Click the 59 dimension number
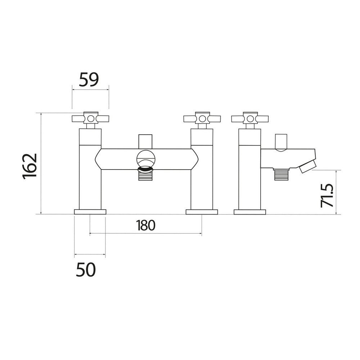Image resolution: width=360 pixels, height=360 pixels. pyautogui.click(x=89, y=80)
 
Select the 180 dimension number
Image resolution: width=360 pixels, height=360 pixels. pyautogui.click(x=146, y=225)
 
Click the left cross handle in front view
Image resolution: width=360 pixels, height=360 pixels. pyautogui.click(x=90, y=118)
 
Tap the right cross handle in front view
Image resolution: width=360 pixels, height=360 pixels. pyautogui.click(x=202, y=118)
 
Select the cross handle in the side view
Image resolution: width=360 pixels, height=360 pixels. pyautogui.click(x=249, y=118)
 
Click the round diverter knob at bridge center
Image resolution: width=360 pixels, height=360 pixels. pyautogui.click(x=145, y=159)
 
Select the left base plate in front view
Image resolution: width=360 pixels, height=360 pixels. pyautogui.click(x=90, y=212)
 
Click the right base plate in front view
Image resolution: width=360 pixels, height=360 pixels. pyautogui.click(x=202, y=212)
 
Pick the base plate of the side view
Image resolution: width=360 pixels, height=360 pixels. pyautogui.click(x=249, y=212)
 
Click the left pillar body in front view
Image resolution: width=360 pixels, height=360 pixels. pyautogui.click(x=90, y=173)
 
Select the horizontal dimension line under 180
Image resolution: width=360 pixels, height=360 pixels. pyautogui.click(x=145, y=234)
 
